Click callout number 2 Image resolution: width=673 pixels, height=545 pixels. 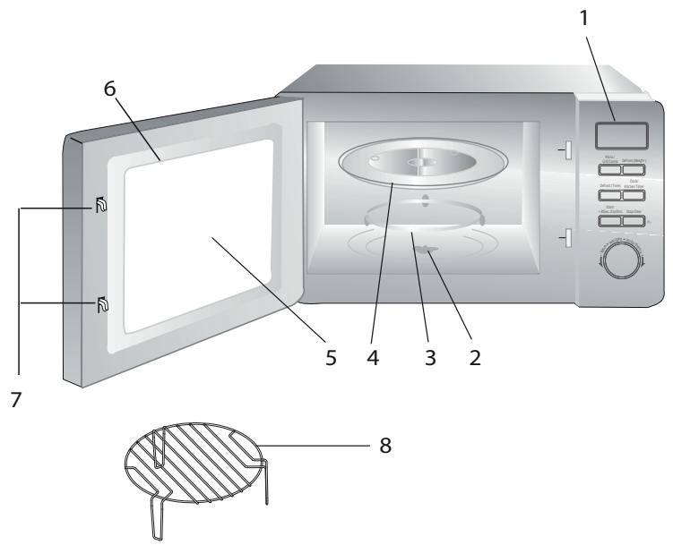(475, 359)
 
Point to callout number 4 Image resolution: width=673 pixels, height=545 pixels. (375, 359)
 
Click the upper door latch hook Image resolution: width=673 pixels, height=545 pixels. (99, 209)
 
